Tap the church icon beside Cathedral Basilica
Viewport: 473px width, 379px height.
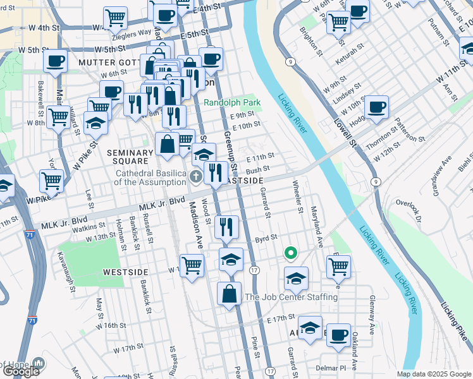(196, 175)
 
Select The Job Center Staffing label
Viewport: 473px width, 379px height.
(291, 297)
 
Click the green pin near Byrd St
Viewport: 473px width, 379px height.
(290, 254)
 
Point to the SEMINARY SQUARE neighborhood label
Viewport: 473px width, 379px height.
(131, 157)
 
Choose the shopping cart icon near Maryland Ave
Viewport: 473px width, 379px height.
(338, 266)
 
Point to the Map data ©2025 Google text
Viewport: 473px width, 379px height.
(433, 374)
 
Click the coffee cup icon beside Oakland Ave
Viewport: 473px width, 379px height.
(338, 334)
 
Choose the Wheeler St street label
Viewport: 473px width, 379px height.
(298, 196)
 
